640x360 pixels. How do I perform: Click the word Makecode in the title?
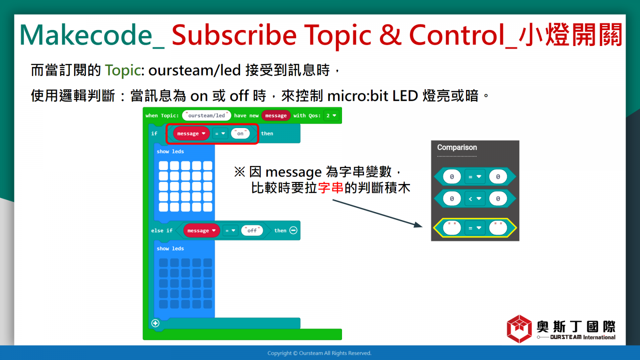(86, 35)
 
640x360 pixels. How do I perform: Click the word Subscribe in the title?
(234, 35)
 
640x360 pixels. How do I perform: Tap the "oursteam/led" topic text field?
(206, 116)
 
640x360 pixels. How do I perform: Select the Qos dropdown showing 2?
(331, 116)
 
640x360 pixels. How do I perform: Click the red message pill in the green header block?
(276, 116)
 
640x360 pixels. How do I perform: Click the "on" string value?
(240, 134)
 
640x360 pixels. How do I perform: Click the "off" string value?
(252, 230)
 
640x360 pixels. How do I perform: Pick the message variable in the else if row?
(202, 230)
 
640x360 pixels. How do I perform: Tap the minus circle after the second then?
(294, 230)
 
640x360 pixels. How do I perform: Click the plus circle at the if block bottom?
(156, 323)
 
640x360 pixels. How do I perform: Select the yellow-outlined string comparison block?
(475, 228)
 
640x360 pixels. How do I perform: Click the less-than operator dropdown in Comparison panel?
(474, 198)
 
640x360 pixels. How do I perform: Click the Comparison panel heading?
(457, 148)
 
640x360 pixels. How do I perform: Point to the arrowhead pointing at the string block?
(418, 225)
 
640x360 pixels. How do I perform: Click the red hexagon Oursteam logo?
(519, 328)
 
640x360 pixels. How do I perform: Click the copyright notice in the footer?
(320, 353)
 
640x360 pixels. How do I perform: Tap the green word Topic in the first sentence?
(123, 70)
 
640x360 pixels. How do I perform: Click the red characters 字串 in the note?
(330, 188)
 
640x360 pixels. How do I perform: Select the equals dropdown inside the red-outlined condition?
(220, 134)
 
